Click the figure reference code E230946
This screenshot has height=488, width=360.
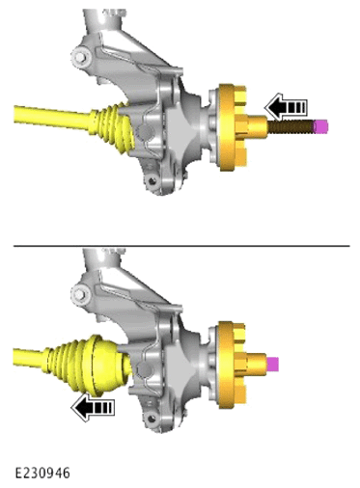click(x=42, y=473)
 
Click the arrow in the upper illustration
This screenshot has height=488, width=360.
click(x=286, y=106)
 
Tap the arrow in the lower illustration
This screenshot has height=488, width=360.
click(x=93, y=408)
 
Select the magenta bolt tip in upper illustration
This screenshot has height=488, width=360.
click(x=320, y=126)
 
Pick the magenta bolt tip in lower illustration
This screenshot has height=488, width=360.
click(x=272, y=364)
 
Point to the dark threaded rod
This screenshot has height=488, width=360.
click(x=291, y=126)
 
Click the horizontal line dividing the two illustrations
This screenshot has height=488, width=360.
click(x=181, y=246)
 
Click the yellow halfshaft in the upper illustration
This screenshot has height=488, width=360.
click(x=52, y=117)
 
